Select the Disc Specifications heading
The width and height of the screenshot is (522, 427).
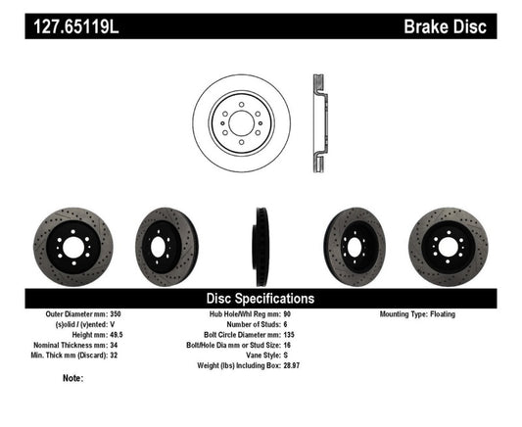(x=260, y=298)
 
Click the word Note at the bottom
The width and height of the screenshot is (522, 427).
(x=72, y=378)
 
